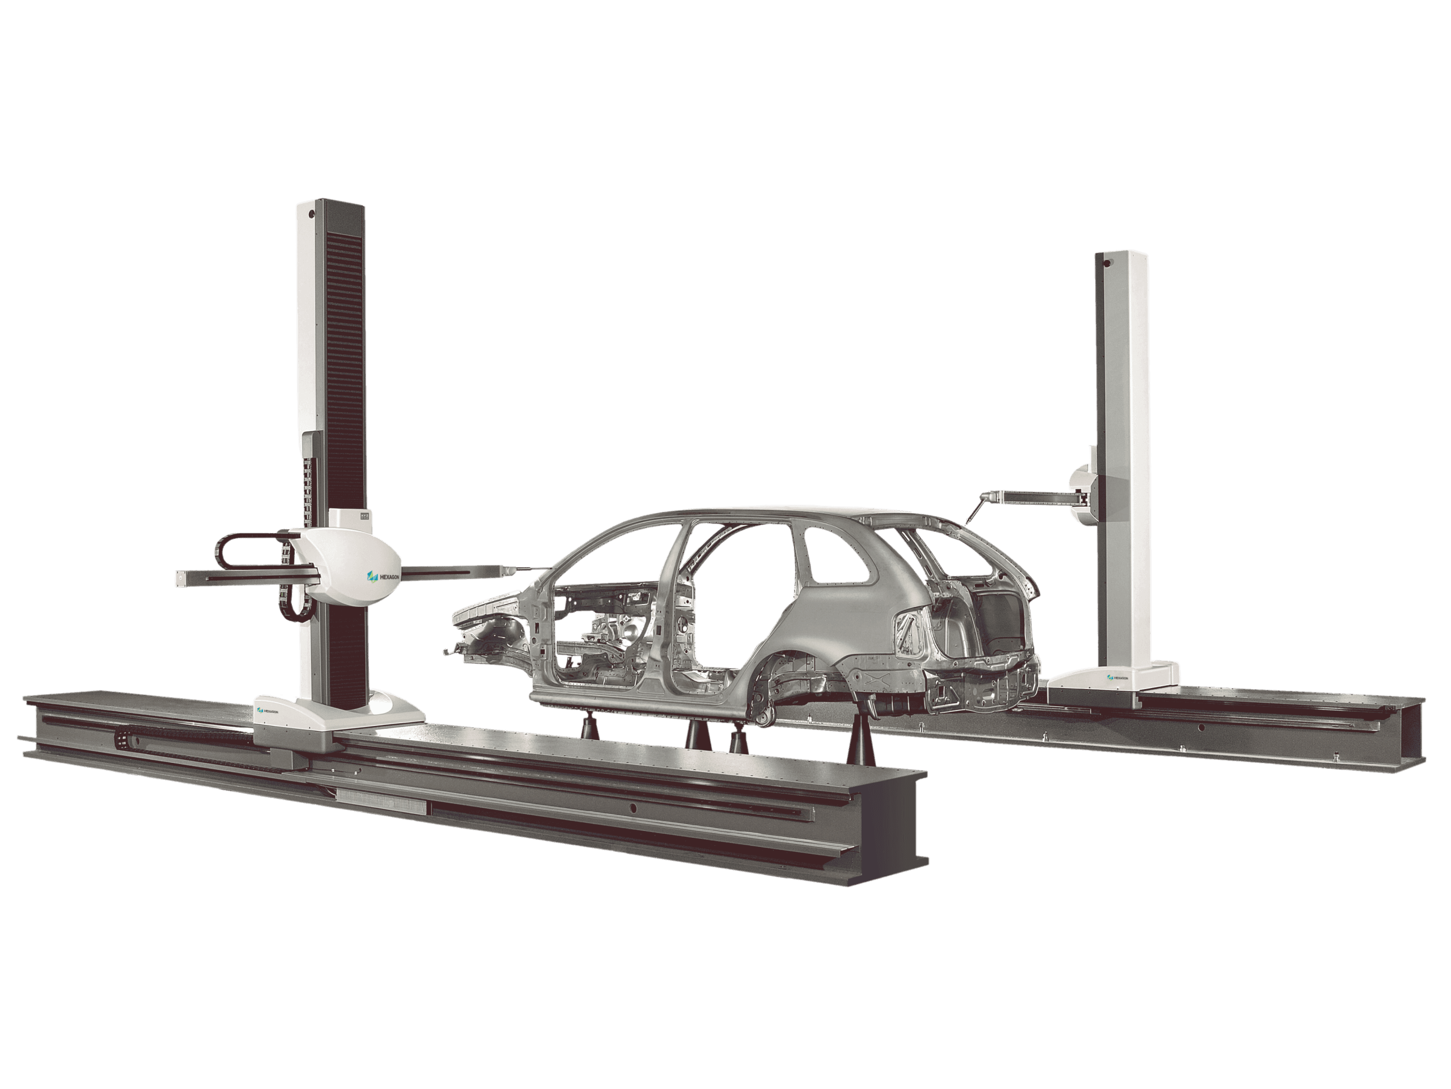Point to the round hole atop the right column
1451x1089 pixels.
[x=1106, y=263]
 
